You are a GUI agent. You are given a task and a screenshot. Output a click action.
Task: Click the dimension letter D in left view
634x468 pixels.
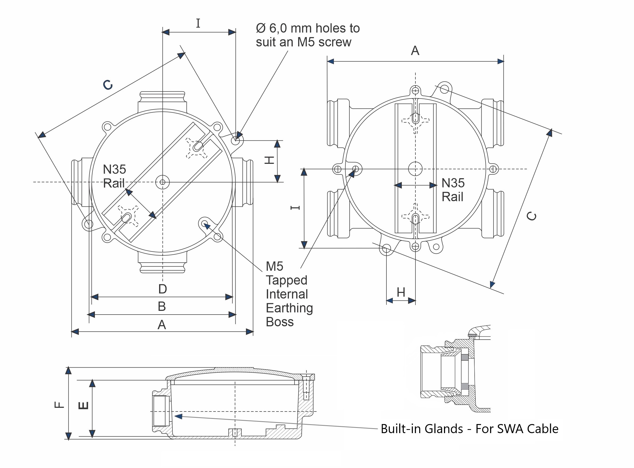click(x=162, y=289)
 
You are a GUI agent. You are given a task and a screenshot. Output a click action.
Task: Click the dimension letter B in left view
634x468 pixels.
click(x=161, y=307)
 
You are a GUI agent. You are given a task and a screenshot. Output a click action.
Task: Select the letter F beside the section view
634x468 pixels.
click(x=59, y=405)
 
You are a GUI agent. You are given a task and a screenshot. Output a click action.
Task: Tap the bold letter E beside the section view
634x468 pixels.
click(x=83, y=405)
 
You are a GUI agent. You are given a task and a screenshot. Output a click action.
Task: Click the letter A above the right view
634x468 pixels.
click(x=415, y=51)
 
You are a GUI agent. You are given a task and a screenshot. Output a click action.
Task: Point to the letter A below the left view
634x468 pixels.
click(x=161, y=325)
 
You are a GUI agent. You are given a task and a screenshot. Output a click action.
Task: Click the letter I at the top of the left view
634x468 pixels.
click(x=198, y=23)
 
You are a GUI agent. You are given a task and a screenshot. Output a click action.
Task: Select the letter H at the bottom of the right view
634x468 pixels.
click(x=401, y=292)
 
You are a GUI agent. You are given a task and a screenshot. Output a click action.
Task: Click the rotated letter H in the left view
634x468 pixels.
click(x=269, y=160)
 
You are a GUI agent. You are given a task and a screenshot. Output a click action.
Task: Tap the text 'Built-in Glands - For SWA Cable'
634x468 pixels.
click(x=469, y=429)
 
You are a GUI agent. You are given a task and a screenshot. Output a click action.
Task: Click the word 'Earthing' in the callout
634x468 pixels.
click(x=289, y=308)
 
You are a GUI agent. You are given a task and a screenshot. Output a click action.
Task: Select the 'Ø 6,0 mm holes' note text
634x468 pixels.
click(x=308, y=28)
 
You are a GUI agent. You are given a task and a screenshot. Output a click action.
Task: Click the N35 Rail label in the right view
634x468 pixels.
click(x=453, y=190)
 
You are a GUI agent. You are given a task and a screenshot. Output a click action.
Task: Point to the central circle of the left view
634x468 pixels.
click(x=162, y=182)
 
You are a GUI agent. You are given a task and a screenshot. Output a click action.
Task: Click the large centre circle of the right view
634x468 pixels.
click(x=415, y=169)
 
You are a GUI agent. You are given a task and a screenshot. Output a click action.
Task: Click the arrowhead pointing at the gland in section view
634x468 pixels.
click(x=178, y=416)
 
